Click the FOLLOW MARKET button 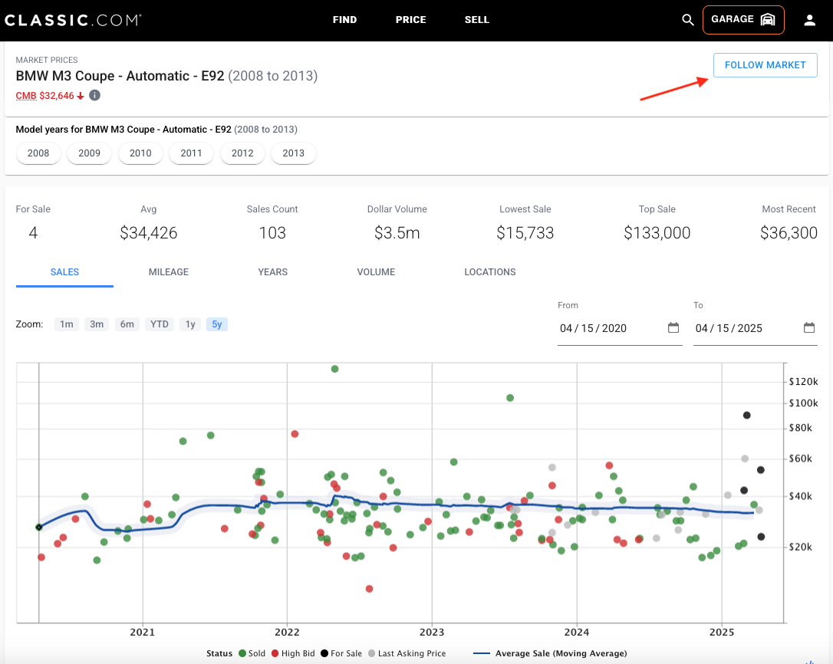(x=765, y=65)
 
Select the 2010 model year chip (x=140, y=153)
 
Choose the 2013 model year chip (x=293, y=153)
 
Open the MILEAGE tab (x=169, y=272)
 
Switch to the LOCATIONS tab (x=490, y=272)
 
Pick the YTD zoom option (x=160, y=324)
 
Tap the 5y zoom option (x=217, y=324)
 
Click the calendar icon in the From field (x=673, y=327)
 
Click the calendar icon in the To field (x=809, y=327)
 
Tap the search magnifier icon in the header (x=688, y=20)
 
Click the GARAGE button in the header (x=743, y=20)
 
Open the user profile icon (x=810, y=20)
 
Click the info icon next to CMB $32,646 (x=94, y=95)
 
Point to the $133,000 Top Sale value (x=657, y=232)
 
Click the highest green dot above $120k (x=334, y=369)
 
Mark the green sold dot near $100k (x=510, y=398)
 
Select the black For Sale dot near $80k (x=746, y=416)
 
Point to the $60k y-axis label (x=800, y=459)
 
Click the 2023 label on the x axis (x=432, y=632)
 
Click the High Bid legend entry (x=293, y=653)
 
